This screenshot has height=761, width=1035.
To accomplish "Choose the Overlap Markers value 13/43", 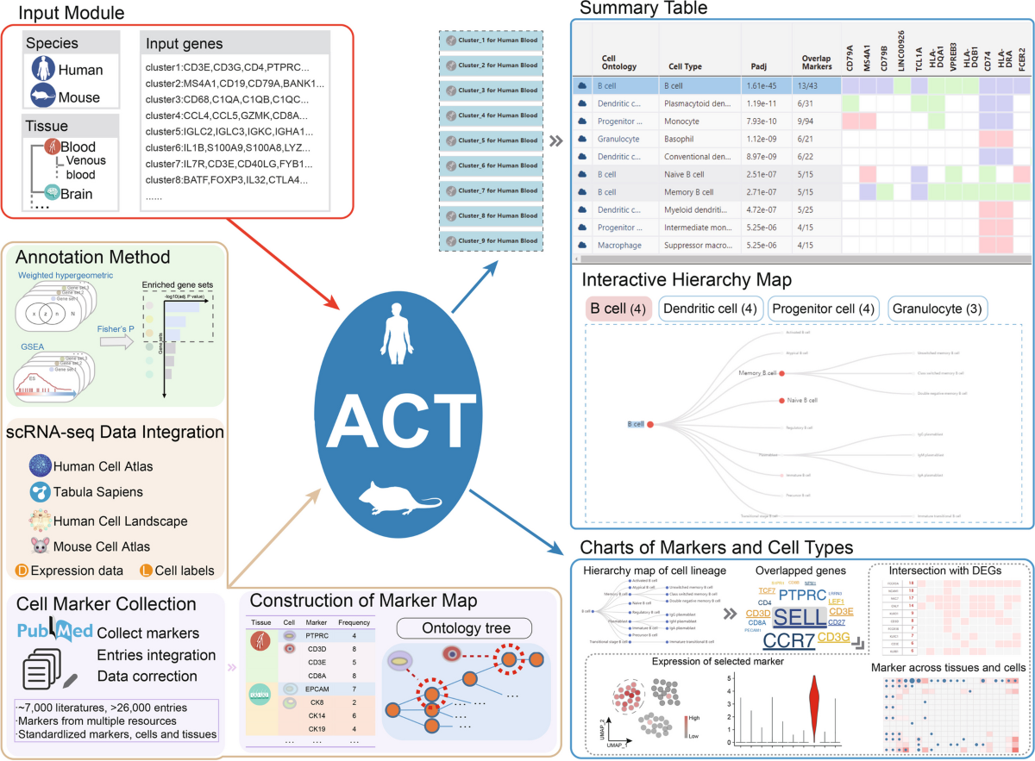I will [x=807, y=86].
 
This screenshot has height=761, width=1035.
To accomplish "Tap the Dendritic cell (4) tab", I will [x=710, y=309].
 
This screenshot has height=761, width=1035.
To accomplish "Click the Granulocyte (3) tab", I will [x=938, y=309].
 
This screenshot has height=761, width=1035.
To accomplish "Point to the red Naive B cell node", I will [x=781, y=400].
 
